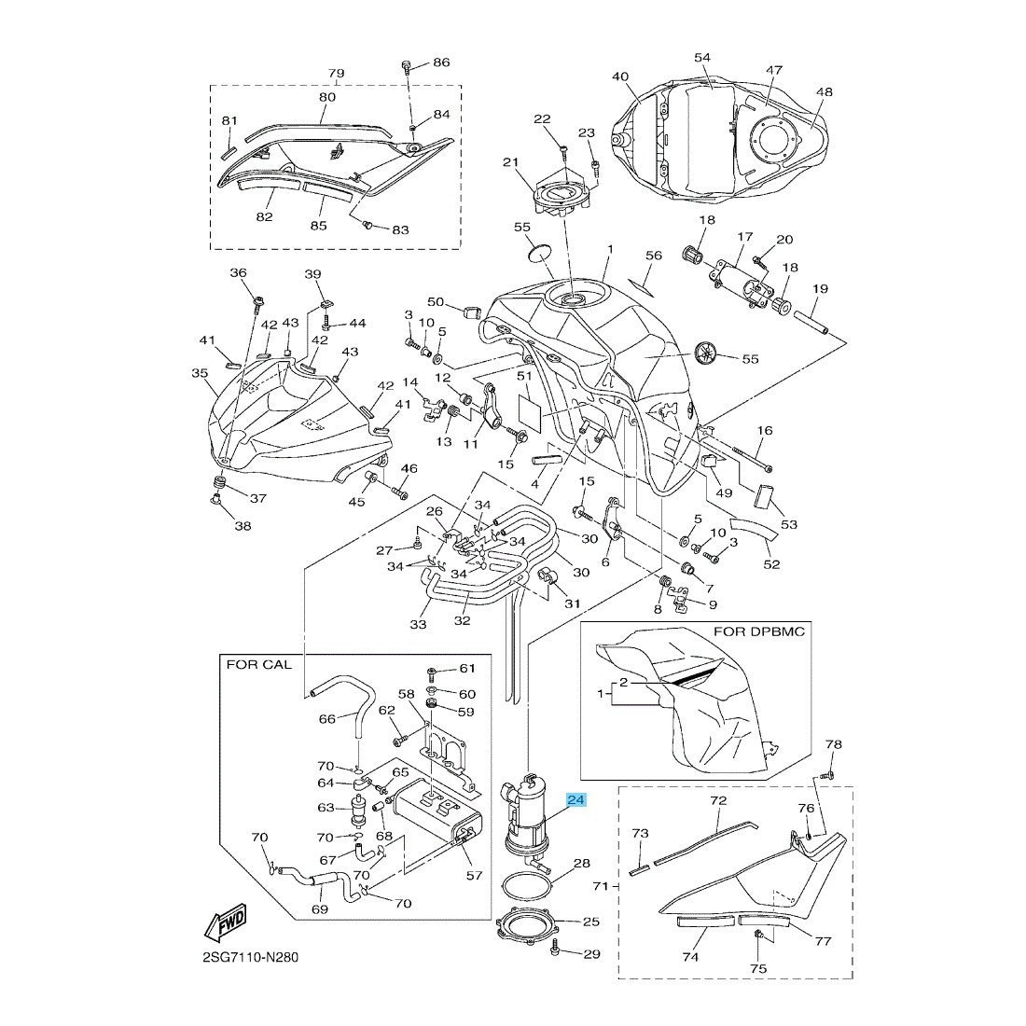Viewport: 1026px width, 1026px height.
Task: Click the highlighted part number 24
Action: [575, 799]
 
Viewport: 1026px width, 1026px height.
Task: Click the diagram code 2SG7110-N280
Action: [247, 957]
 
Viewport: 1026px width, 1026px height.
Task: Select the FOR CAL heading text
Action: [258, 665]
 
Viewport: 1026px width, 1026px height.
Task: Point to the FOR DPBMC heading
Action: [758, 631]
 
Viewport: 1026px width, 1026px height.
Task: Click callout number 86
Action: [440, 62]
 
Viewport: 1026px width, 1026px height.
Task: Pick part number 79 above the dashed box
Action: [336, 73]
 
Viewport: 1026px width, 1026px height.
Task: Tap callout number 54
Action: [702, 58]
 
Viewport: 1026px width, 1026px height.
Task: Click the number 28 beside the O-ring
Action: [581, 864]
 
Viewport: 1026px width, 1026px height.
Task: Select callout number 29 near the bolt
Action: [592, 955]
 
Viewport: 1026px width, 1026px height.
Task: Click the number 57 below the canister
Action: [475, 875]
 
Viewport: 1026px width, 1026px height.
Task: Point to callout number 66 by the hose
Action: [300, 719]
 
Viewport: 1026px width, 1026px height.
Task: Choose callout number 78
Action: [833, 744]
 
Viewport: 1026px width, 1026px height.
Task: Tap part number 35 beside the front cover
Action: [200, 373]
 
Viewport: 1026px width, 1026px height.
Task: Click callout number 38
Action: [243, 526]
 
